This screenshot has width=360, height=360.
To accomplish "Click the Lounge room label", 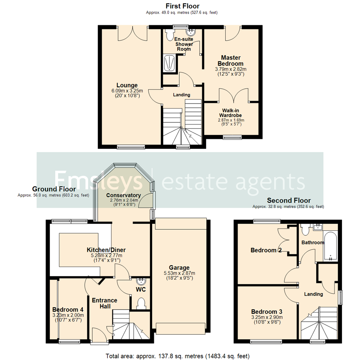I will (127, 85).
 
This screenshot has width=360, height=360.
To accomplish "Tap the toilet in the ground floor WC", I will (141, 303).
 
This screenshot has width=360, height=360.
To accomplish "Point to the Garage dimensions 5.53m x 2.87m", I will (179, 273).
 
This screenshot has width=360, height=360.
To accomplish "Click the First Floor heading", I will (183, 6).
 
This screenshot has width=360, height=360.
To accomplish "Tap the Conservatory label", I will (123, 195).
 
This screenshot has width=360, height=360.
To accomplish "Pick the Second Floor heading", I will (289, 200).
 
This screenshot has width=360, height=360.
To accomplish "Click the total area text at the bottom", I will (177, 356).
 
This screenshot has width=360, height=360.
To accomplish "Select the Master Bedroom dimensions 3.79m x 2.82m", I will (230, 69).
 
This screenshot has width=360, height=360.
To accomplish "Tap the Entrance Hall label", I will (105, 303).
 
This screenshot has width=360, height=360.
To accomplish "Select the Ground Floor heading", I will (54, 189).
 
